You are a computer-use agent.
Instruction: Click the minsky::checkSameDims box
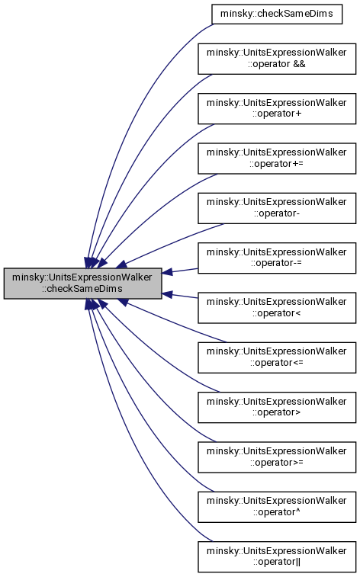coord(277,14)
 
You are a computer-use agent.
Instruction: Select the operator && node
coord(277,59)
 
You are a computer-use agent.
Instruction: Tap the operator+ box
coord(277,108)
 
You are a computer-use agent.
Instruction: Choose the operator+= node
coord(277,159)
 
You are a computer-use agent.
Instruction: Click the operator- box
coord(277,208)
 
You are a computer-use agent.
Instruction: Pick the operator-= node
coord(277,258)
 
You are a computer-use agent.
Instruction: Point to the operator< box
coord(277,308)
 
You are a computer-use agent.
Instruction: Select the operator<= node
coord(277,357)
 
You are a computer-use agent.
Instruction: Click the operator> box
coord(277,407)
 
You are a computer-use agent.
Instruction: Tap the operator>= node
coord(277,457)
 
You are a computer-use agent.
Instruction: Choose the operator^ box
coord(277,507)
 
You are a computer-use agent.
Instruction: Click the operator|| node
coord(277,556)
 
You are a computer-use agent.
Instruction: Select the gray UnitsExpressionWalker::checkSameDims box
coord(83,283)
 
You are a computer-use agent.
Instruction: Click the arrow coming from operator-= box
coord(180,271)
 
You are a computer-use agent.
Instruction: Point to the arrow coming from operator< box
coord(180,296)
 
